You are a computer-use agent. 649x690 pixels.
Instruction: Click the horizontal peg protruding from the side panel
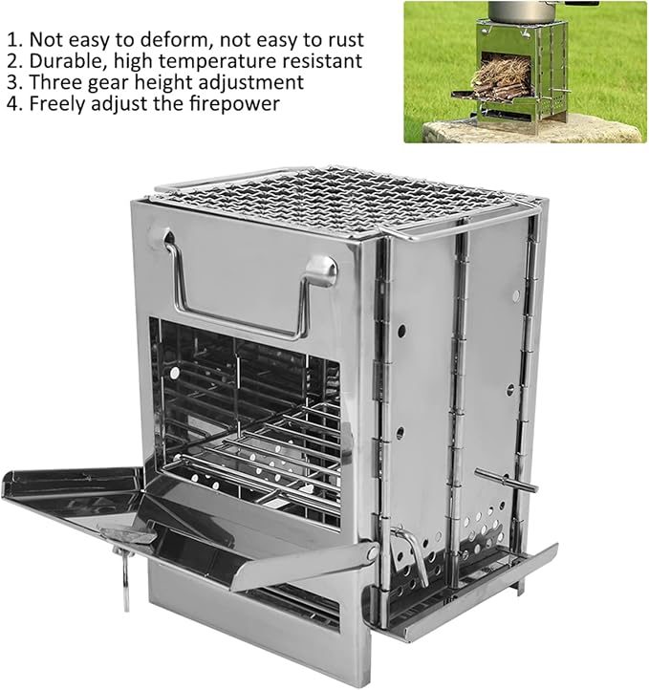coord(507,480)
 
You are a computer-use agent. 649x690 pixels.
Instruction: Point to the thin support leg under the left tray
coord(126,580)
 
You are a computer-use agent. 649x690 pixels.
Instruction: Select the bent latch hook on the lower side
coord(415,555)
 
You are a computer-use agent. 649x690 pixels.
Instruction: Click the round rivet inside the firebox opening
coord(175,374)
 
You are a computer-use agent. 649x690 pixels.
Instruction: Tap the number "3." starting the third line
coord(15,82)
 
